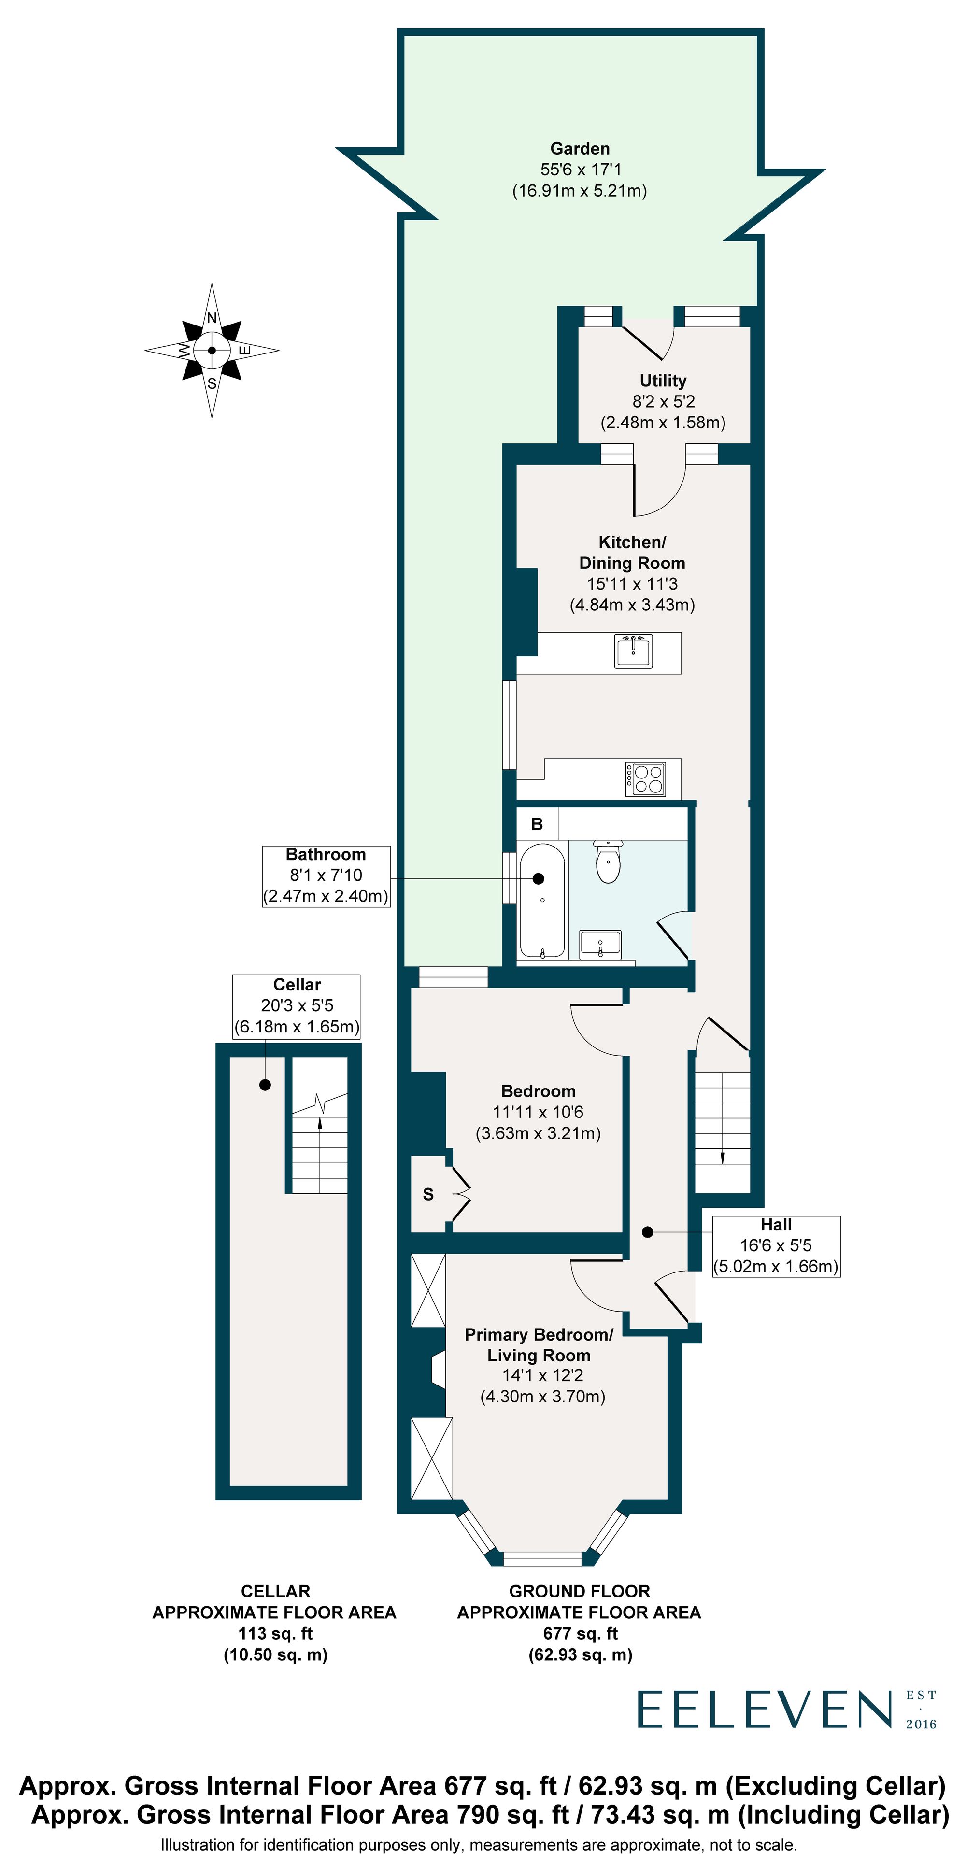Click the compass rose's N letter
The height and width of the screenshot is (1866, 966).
(212, 318)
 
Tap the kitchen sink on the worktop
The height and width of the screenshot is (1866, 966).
(633, 650)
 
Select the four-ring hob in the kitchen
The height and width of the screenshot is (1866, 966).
(646, 778)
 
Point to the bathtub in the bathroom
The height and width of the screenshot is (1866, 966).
(542, 900)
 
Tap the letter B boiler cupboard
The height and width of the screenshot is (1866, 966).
(537, 824)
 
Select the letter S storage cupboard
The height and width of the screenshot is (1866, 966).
(428, 1195)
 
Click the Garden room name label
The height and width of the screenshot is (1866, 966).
(580, 149)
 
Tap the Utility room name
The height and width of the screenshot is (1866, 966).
(662, 381)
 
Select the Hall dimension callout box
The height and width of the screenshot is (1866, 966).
(776, 1246)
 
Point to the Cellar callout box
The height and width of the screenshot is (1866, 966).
(297, 1005)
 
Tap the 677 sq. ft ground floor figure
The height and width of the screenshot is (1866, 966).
(580, 1633)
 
